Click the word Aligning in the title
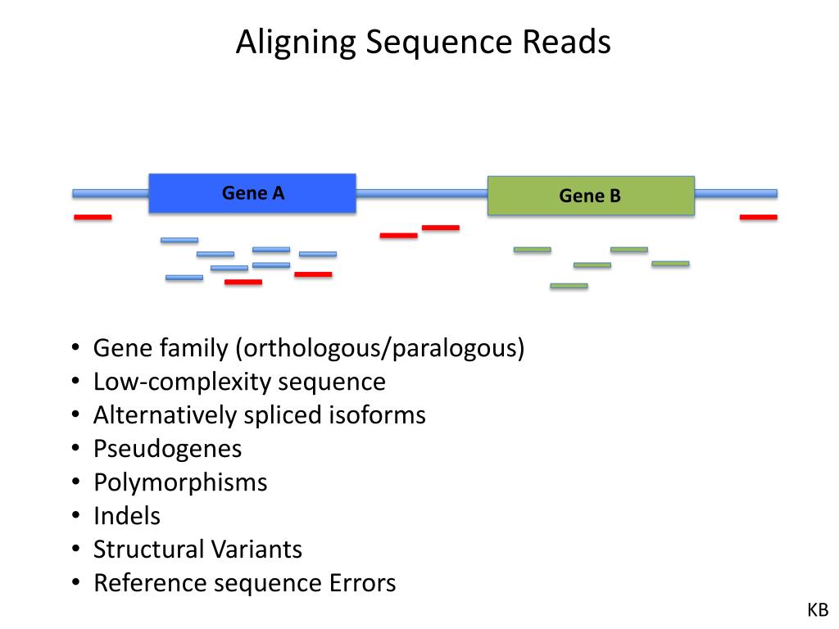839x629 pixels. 295,43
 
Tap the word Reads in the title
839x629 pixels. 567,42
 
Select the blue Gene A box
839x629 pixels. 252,193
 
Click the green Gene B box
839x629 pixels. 591,196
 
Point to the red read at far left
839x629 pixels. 93,217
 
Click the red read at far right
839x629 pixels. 758,217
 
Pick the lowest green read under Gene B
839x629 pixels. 569,286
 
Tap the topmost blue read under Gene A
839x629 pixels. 179,240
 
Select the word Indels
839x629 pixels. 127,516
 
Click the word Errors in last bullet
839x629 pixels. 362,583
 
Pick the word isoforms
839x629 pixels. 377,415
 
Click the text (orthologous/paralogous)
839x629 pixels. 380,349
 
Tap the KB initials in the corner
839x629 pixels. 818,610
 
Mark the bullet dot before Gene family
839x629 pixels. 75,347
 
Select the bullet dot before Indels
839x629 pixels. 75,516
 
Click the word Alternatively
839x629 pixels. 165,415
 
